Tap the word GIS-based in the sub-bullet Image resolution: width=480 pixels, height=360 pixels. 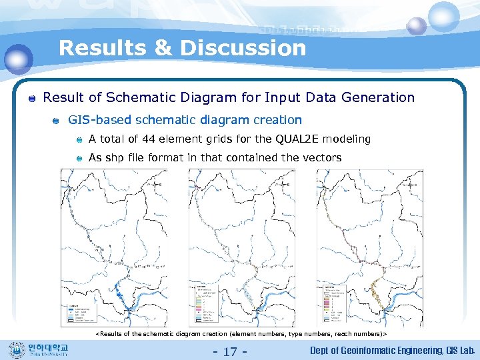tap(99, 120)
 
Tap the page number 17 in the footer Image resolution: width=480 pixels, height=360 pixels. tap(230, 351)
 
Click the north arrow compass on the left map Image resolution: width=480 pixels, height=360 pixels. tap(159, 184)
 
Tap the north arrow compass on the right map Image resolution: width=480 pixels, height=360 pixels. tap(415, 184)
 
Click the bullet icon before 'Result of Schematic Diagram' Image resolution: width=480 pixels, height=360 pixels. tap(31, 99)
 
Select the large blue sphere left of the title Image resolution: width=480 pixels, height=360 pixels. tap(18, 59)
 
